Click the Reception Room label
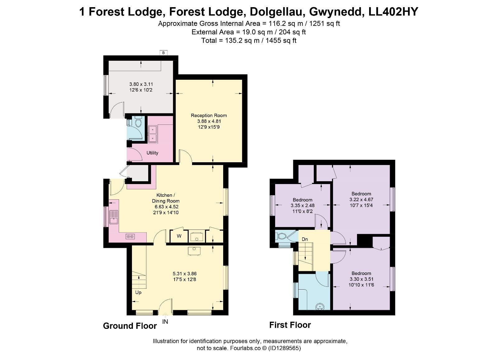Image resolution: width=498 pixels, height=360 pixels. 209,116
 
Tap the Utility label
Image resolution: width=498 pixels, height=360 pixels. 152,153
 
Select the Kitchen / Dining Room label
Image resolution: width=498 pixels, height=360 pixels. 166,198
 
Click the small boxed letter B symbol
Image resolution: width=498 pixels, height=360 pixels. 163,53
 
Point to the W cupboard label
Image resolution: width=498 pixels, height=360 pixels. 179,236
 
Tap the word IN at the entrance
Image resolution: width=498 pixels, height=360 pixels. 165,322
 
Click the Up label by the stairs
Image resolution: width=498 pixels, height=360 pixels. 138,293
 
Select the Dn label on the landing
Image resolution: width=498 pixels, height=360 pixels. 305,239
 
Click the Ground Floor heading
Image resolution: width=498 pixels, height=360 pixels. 130,326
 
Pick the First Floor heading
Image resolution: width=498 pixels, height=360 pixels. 290,325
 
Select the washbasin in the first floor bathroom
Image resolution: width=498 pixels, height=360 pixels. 320,307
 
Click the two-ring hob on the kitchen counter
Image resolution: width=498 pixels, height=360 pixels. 130,236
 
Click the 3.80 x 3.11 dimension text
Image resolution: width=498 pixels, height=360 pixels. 141,84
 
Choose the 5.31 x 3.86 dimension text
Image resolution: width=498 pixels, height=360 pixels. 185,274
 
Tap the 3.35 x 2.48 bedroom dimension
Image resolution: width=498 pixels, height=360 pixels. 302,206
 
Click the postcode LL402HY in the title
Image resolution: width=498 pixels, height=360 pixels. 393,12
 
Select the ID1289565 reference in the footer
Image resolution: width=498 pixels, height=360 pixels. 284,348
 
